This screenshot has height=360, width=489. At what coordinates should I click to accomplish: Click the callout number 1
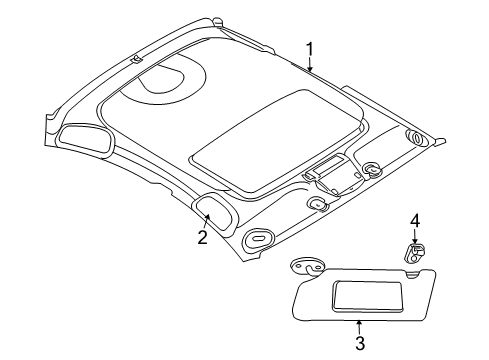(310, 48)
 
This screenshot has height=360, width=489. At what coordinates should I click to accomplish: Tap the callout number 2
(202, 237)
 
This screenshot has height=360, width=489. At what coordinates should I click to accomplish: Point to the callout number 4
(413, 248)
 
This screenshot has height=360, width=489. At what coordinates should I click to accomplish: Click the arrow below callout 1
(311, 67)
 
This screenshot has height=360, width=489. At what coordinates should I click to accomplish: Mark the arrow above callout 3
(359, 323)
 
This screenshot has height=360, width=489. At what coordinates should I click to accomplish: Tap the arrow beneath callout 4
(413, 266)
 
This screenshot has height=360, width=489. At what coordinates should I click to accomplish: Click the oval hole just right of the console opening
(371, 170)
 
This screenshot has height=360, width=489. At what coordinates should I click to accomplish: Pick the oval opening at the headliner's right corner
(414, 136)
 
